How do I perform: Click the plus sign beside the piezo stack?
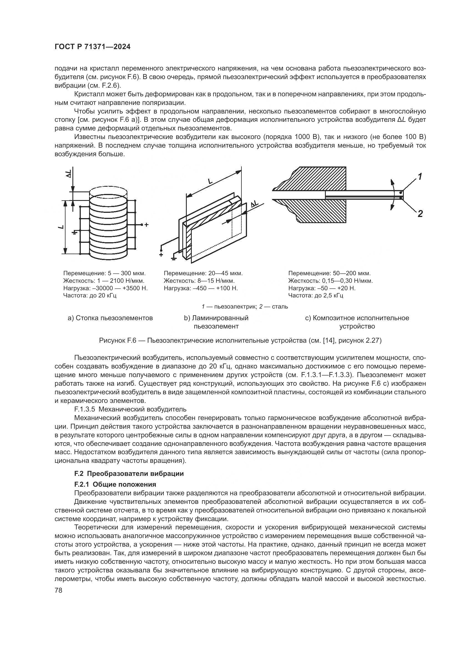(x=147, y=225)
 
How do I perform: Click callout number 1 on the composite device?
(x=420, y=177)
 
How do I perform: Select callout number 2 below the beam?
(x=420, y=214)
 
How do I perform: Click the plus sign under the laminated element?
(x=161, y=254)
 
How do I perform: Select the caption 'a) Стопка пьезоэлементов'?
(x=110, y=318)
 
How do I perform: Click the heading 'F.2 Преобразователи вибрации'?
(x=129, y=473)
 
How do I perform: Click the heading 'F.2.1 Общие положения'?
(x=115, y=484)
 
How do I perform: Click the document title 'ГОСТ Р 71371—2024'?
(x=92, y=47)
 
